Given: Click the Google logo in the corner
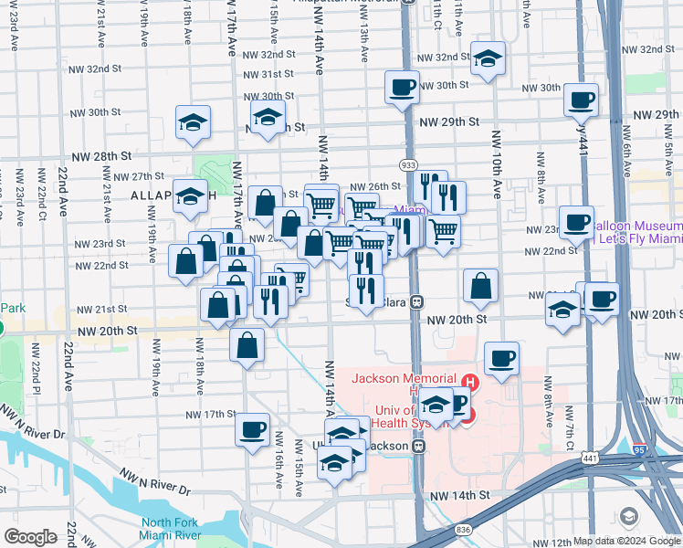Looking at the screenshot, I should point(31,537).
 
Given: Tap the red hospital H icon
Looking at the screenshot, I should point(470,382).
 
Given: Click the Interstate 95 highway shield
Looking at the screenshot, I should point(641,448).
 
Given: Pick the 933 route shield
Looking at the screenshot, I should point(408,164).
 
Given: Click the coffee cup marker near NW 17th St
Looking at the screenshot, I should point(252,428).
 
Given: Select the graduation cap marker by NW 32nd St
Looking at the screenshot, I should point(489,58).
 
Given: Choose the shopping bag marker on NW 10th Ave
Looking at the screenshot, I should point(480,286).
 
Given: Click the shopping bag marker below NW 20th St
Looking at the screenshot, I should point(247,345).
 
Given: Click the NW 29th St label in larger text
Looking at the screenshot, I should point(449,121).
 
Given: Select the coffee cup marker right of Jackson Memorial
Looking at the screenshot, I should point(500,359).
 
